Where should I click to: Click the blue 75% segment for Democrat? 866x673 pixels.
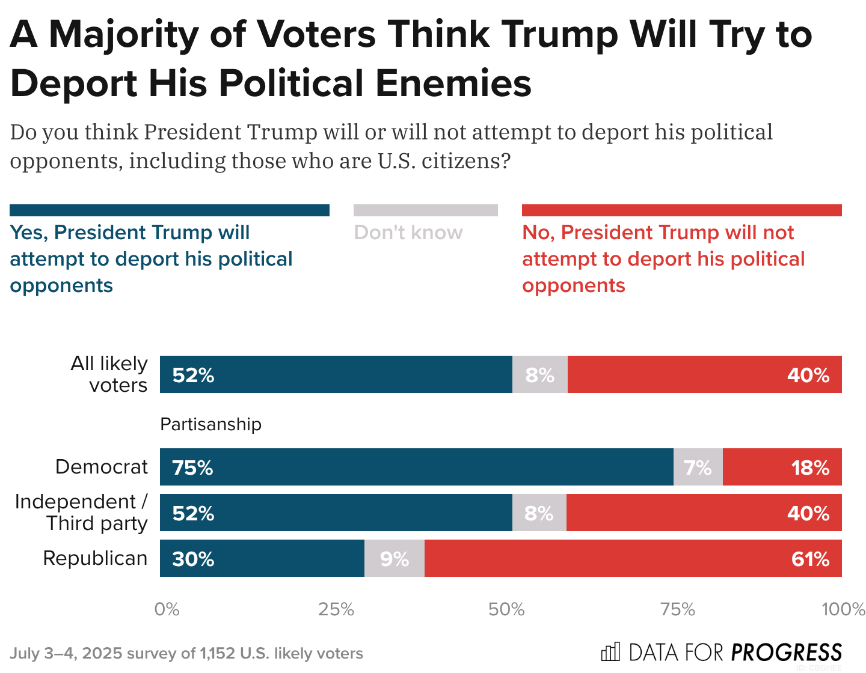point(416,467)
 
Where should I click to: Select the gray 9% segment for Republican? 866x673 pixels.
point(395,558)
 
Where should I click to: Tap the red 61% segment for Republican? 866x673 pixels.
point(633,558)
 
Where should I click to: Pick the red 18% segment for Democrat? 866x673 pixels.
point(782,467)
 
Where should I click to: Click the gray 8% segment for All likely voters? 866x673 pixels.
point(540,374)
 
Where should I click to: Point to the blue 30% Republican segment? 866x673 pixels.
point(262,558)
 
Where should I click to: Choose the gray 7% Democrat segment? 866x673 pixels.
point(698,467)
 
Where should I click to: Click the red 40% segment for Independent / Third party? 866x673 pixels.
point(704,513)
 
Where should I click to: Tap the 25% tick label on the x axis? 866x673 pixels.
point(336,609)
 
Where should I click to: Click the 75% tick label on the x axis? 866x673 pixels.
point(678,609)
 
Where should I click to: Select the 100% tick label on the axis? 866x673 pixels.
point(843,609)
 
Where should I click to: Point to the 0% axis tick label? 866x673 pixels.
point(167,609)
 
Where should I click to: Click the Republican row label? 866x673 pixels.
point(95,558)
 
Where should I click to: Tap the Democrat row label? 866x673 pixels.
point(101,467)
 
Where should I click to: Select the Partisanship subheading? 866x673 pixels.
point(210,424)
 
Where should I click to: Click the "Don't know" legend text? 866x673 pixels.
point(408,233)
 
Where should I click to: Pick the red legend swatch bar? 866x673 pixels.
point(681,210)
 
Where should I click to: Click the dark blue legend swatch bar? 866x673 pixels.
point(170,210)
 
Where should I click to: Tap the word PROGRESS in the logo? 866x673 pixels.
point(787,653)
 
